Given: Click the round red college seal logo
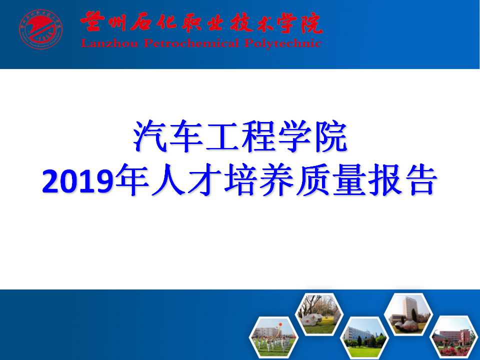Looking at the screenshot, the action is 41,29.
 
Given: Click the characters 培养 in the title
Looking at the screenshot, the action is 258,180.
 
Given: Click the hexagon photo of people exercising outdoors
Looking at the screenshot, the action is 273,336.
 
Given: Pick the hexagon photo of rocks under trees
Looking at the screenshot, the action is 319,314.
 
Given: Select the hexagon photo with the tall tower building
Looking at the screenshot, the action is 408,314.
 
